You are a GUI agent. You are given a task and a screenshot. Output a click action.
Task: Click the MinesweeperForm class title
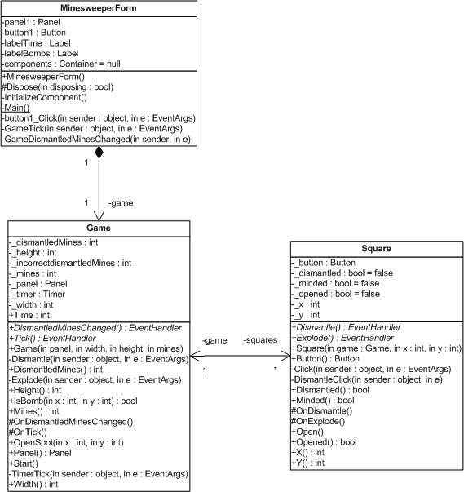click(x=99, y=8)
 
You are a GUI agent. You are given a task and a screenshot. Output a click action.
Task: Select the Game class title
click(x=99, y=228)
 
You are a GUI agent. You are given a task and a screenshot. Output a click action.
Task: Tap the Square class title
click(x=376, y=249)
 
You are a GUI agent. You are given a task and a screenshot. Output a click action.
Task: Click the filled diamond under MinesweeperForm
click(x=99, y=153)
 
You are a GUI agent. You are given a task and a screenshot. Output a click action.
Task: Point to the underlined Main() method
click(x=16, y=108)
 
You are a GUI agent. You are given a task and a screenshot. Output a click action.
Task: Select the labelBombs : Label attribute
click(x=40, y=54)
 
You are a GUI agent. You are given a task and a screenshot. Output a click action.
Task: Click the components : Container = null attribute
click(x=61, y=64)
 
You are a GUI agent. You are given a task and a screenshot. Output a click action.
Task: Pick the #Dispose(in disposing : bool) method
click(x=58, y=87)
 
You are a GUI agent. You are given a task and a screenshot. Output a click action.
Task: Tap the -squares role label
click(x=260, y=340)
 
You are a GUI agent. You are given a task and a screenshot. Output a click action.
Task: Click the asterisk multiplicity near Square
click(x=276, y=368)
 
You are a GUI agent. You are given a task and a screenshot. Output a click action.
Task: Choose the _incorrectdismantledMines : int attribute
click(x=70, y=263)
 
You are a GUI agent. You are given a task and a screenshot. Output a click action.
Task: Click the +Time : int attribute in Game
click(x=29, y=315)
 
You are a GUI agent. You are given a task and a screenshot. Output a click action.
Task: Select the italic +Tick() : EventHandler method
click(x=52, y=339)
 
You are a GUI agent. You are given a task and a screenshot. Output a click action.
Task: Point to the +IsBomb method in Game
click(x=73, y=401)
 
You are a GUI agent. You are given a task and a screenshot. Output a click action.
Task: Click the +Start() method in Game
click(x=24, y=463)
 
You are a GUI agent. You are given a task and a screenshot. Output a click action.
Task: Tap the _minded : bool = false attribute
click(x=335, y=283)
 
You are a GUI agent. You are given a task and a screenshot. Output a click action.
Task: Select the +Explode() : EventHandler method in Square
click(x=342, y=338)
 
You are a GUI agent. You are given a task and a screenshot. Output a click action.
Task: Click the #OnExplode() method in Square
click(x=318, y=421)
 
